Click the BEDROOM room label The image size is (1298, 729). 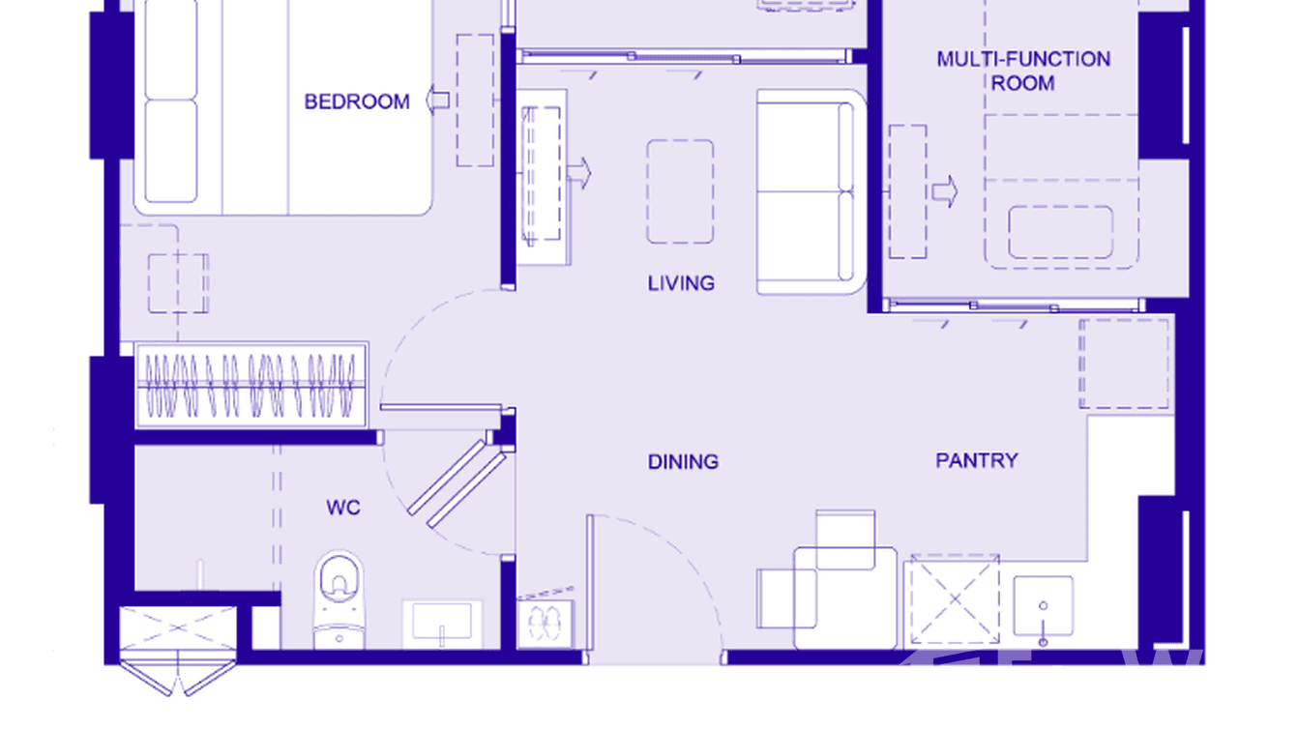click(357, 102)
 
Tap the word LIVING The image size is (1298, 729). click(681, 283)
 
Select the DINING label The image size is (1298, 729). click(683, 462)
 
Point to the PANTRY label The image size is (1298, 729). click(976, 460)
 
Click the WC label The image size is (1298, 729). click(343, 508)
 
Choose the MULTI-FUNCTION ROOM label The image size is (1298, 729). click(1022, 71)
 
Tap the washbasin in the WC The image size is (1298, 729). click(442, 622)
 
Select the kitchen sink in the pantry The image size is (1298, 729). click(1043, 607)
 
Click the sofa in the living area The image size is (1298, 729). click(809, 191)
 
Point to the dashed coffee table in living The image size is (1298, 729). click(680, 191)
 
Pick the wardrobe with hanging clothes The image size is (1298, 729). click(251, 384)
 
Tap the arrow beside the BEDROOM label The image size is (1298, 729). click(438, 101)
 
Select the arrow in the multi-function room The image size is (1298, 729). click(944, 191)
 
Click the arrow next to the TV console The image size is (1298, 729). click(579, 172)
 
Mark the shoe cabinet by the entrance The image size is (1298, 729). click(546, 623)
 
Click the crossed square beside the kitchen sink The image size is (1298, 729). click(955, 599)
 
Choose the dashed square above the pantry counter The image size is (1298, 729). click(1124, 364)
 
